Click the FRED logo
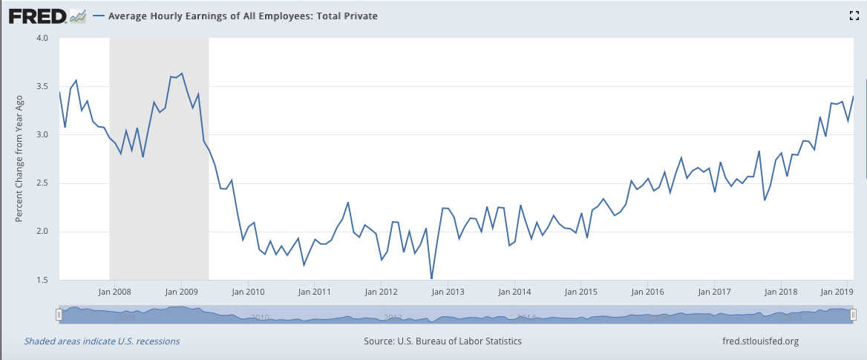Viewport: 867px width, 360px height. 46,16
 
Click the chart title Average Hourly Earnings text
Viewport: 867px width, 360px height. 243,16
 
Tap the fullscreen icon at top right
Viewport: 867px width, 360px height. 854,16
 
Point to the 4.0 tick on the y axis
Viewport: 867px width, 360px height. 42,38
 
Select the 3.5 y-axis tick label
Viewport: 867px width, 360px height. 42,87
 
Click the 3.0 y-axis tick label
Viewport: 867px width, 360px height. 42,135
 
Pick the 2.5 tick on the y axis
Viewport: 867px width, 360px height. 42,183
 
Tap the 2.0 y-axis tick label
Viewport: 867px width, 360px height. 42,232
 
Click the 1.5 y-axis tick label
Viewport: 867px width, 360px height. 42,280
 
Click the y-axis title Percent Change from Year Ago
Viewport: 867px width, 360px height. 19,160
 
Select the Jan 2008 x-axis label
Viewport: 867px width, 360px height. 115,292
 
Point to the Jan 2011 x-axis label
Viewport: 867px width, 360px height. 315,292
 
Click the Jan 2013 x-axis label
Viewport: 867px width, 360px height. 448,292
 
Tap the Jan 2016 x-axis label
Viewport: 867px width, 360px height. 647,292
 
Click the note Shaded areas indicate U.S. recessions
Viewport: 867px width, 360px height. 102,341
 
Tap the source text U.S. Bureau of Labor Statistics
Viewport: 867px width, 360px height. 442,341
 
